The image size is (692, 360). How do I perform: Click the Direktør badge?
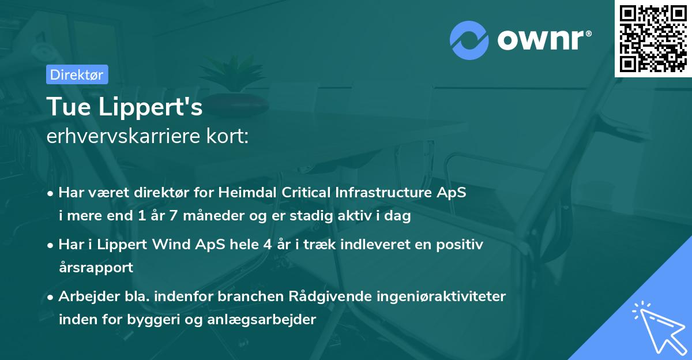77,74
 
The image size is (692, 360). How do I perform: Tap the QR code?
653,38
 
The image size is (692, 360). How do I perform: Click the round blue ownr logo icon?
470,39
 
